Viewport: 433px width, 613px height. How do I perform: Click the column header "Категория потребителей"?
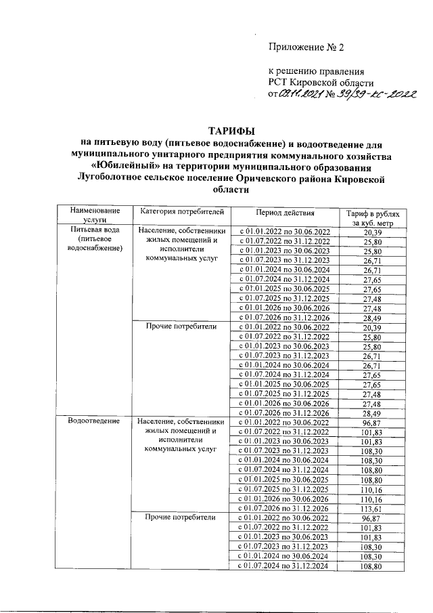tap(180, 211)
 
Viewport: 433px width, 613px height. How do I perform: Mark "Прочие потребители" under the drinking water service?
tap(180, 327)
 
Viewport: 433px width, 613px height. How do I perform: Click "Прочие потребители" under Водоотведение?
tap(180, 517)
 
